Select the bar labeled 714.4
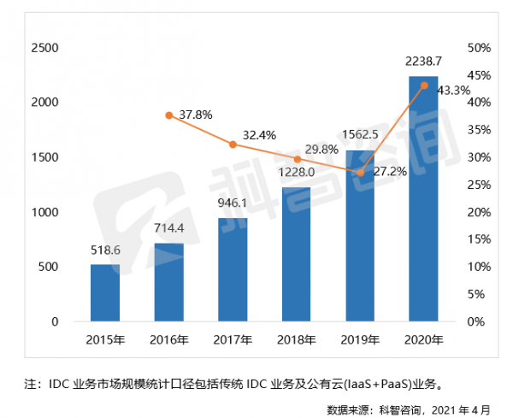click(x=168, y=282)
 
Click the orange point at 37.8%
click(x=169, y=115)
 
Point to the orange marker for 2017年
click(x=233, y=144)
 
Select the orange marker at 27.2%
click(x=360, y=173)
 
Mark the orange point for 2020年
click(x=423, y=85)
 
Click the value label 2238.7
click(x=423, y=62)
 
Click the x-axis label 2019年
click(x=360, y=340)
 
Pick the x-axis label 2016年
click(x=168, y=340)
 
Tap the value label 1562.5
click(x=360, y=135)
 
